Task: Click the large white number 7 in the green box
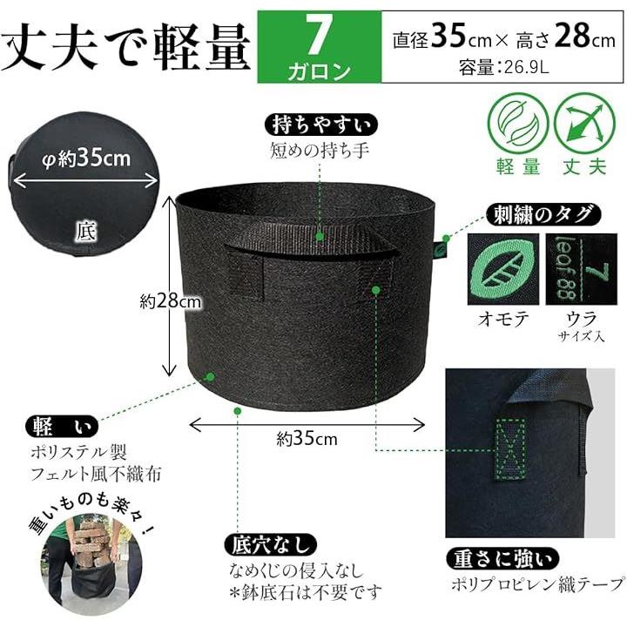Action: [319, 35]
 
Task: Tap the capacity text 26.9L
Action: [526, 68]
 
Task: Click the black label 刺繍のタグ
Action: [543, 215]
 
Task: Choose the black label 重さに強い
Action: [502, 558]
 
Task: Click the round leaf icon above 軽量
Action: [518, 122]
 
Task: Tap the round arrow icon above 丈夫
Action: [584, 122]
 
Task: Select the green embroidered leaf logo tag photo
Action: [503, 269]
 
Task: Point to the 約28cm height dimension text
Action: [171, 300]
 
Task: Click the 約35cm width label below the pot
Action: [307, 439]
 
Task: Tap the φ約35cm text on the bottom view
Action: [86, 158]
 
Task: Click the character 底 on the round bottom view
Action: [85, 232]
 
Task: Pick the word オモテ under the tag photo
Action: [503, 319]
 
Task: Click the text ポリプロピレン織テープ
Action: [537, 585]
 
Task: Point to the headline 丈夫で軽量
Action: [126, 45]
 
